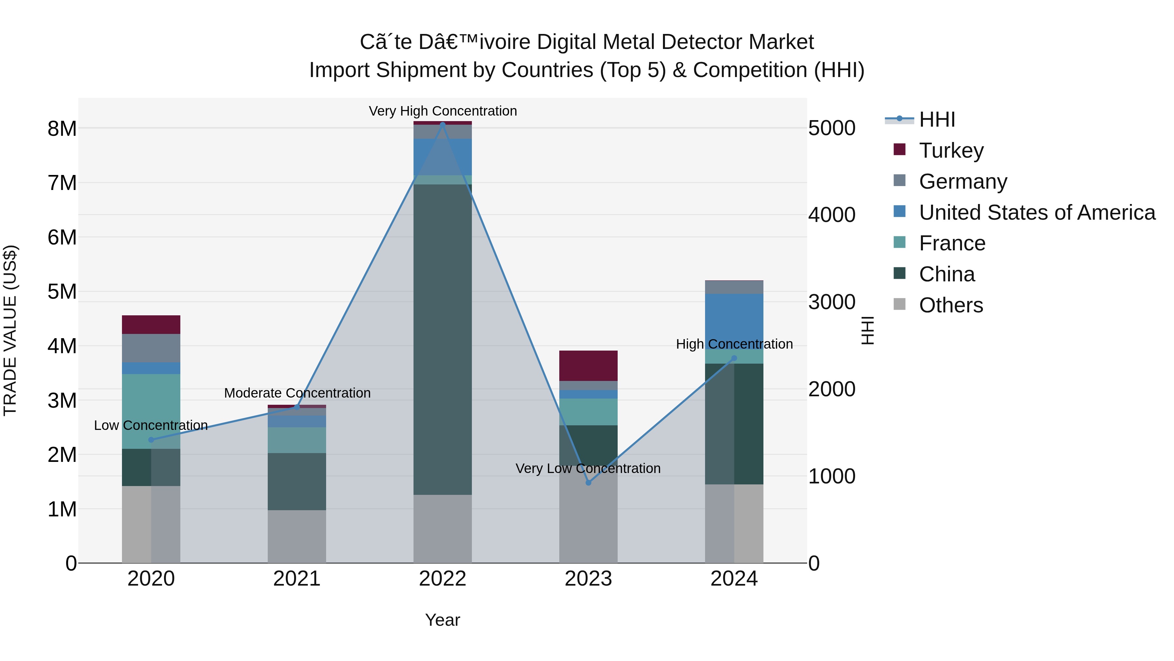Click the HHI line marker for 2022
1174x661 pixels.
(x=442, y=124)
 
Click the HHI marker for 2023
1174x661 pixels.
(x=588, y=483)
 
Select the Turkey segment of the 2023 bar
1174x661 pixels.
(x=588, y=365)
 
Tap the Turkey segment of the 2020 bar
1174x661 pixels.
(x=151, y=324)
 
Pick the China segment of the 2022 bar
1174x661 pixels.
(x=442, y=339)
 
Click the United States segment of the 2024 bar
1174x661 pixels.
(x=734, y=319)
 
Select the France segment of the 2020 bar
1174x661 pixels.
(x=151, y=411)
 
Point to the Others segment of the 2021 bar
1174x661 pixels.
(x=297, y=536)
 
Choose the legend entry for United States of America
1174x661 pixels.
(x=1036, y=212)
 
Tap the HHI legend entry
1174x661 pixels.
(x=937, y=119)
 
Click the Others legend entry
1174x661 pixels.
(x=951, y=305)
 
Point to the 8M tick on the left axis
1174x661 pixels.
(x=62, y=129)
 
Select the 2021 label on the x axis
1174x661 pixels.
(x=297, y=578)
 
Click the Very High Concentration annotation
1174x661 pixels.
(x=443, y=111)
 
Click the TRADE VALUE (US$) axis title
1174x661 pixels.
(x=10, y=330)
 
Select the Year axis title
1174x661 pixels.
(x=442, y=620)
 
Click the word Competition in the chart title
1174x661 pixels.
(x=750, y=70)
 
